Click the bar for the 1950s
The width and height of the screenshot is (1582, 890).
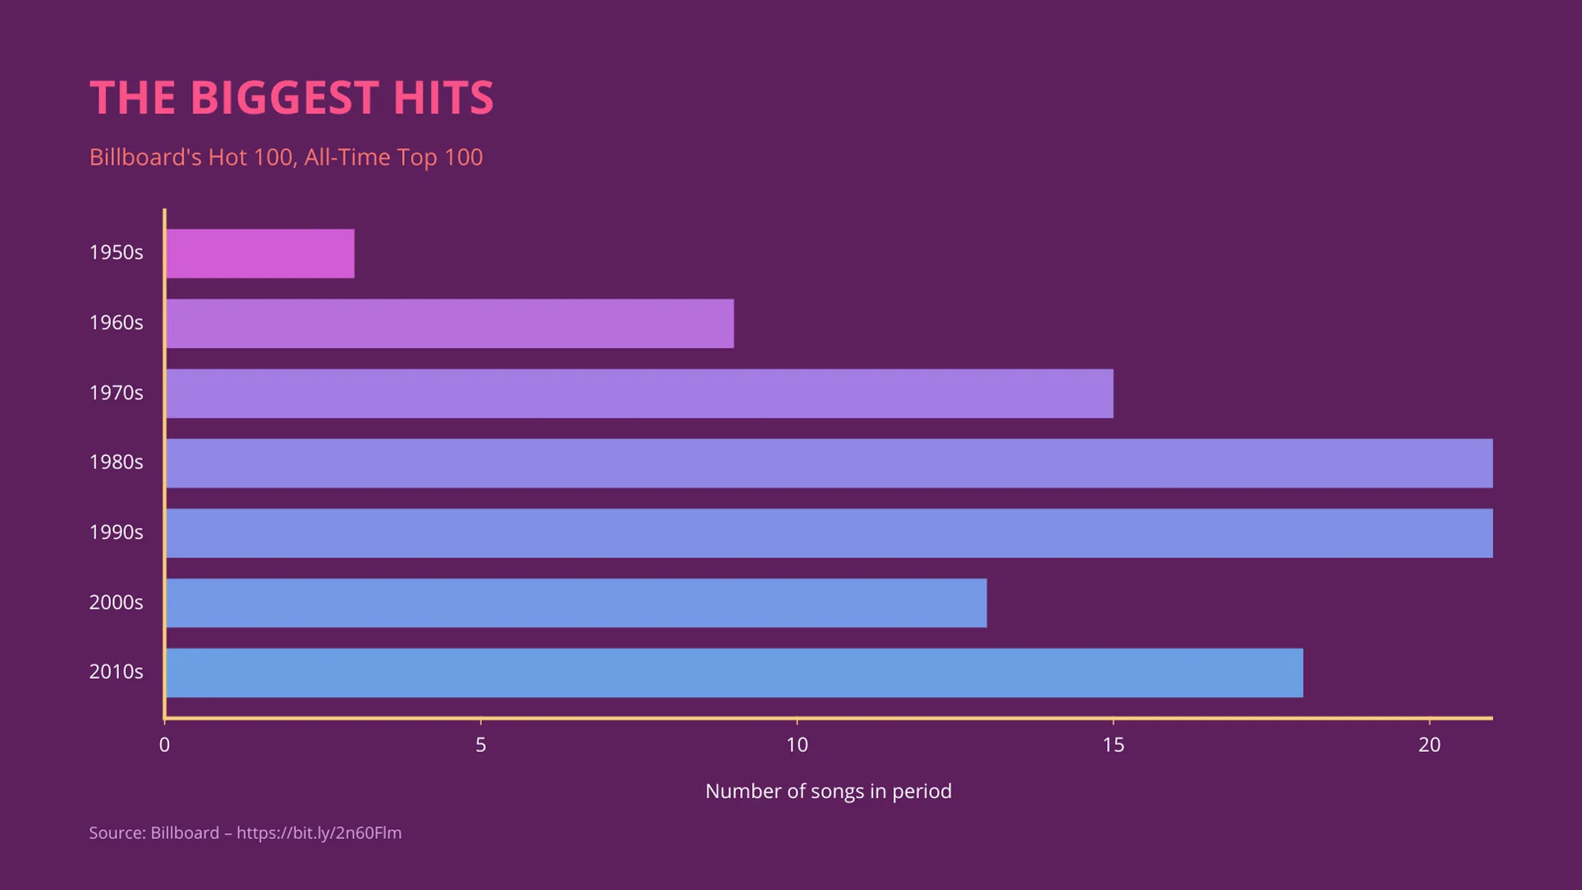tap(260, 254)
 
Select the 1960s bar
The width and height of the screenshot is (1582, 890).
tap(449, 323)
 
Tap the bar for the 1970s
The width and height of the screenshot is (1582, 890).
tap(639, 393)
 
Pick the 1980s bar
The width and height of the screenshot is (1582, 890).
tap(829, 463)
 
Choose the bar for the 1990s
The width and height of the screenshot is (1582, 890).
tap(829, 533)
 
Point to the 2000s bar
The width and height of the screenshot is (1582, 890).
tap(576, 603)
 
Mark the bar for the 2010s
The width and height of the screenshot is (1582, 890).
tap(734, 673)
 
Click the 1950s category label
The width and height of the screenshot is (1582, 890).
tap(116, 253)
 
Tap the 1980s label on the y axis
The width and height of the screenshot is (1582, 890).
tap(116, 462)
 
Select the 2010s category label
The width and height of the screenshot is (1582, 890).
tap(116, 672)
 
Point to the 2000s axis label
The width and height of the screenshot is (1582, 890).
tap(116, 602)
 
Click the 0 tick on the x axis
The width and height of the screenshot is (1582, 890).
tap(165, 745)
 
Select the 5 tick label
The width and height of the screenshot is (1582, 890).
tap(481, 745)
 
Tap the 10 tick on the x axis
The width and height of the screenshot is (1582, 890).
tap(797, 745)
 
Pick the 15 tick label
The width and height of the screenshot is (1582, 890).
tap(1113, 745)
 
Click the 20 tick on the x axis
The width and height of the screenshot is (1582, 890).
tap(1429, 745)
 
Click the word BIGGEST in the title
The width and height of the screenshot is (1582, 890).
tap(285, 98)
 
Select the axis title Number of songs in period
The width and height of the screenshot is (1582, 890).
tap(828, 791)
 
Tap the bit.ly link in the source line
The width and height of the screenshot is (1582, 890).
tap(319, 833)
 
